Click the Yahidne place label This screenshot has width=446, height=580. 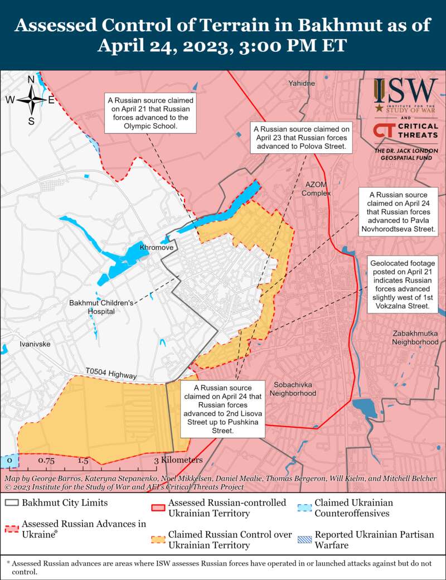tap(302, 84)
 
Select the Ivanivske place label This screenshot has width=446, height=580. tap(35, 344)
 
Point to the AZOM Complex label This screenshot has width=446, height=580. tap(316, 188)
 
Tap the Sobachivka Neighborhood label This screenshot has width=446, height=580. tap(292, 389)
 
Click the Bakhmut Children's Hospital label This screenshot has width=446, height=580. tap(101, 307)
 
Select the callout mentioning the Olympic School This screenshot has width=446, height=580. tap(151, 113)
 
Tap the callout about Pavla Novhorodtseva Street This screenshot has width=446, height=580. tap(398, 212)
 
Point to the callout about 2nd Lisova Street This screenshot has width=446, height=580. tap(222, 409)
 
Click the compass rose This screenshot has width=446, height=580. tap(31, 100)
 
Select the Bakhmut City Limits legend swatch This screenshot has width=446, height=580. tap(12, 502)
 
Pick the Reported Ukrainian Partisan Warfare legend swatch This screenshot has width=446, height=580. tap(305, 539)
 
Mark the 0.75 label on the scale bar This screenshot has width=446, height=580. tap(46, 461)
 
